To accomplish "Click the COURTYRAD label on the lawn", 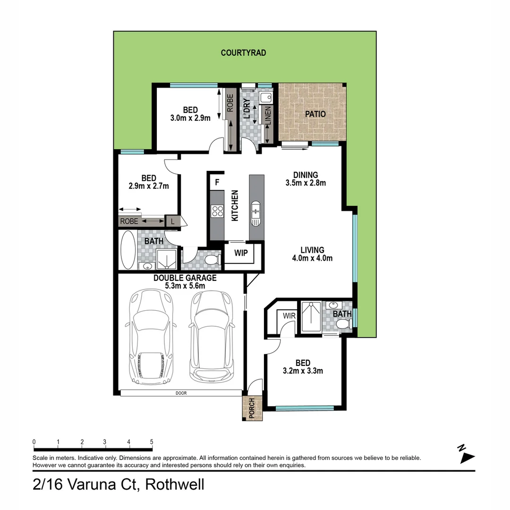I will click(x=243, y=53).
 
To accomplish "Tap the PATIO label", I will click(x=315, y=114).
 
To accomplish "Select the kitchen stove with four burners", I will click(x=217, y=211).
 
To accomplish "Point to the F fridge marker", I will click(x=217, y=182).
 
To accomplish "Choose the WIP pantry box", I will click(x=241, y=253).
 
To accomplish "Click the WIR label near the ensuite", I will click(x=289, y=315).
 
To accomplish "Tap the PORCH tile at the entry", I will click(x=251, y=408).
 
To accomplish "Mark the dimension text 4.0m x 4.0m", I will click(x=312, y=258).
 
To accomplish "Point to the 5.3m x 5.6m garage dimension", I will click(x=185, y=286).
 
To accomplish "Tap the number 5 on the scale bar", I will click(x=152, y=442).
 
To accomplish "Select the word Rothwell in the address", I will click(x=174, y=484).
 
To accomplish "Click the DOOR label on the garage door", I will click(x=181, y=392).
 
